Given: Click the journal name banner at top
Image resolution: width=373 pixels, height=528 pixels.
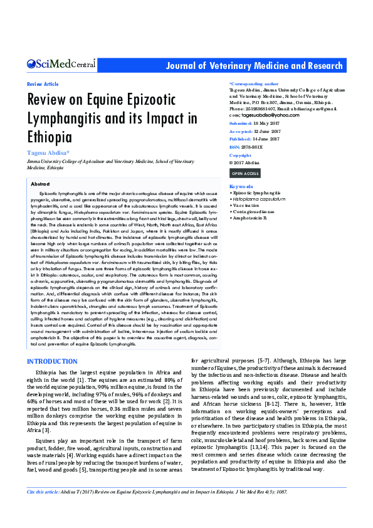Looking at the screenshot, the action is pyautogui.click(x=255, y=66).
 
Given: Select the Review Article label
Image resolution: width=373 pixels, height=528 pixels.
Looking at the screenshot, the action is pyautogui.click(x=43, y=84).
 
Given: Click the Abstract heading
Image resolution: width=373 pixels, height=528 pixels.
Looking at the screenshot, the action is pyautogui.click(x=40, y=184).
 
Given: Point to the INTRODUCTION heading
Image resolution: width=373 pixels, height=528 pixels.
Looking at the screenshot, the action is pyautogui.click(x=52, y=362).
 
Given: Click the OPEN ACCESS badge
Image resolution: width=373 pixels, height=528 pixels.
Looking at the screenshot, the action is pyautogui.click(x=244, y=173).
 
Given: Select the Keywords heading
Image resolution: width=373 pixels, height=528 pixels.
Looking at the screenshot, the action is pyautogui.click(x=241, y=187).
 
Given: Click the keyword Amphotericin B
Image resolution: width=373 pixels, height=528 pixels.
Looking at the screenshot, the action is pyautogui.click(x=250, y=217).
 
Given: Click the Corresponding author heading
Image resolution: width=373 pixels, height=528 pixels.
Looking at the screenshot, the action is pyautogui.click(x=254, y=83).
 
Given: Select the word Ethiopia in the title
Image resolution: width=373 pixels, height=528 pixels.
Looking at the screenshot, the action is pyautogui.click(x=49, y=137).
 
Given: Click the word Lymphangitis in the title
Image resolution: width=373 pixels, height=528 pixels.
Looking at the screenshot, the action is pyautogui.click(x=66, y=119).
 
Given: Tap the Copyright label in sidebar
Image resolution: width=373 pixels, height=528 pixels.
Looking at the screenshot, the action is pyautogui.click(x=240, y=155).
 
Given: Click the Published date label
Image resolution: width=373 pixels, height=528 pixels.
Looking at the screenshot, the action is pyautogui.click(x=240, y=139).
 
